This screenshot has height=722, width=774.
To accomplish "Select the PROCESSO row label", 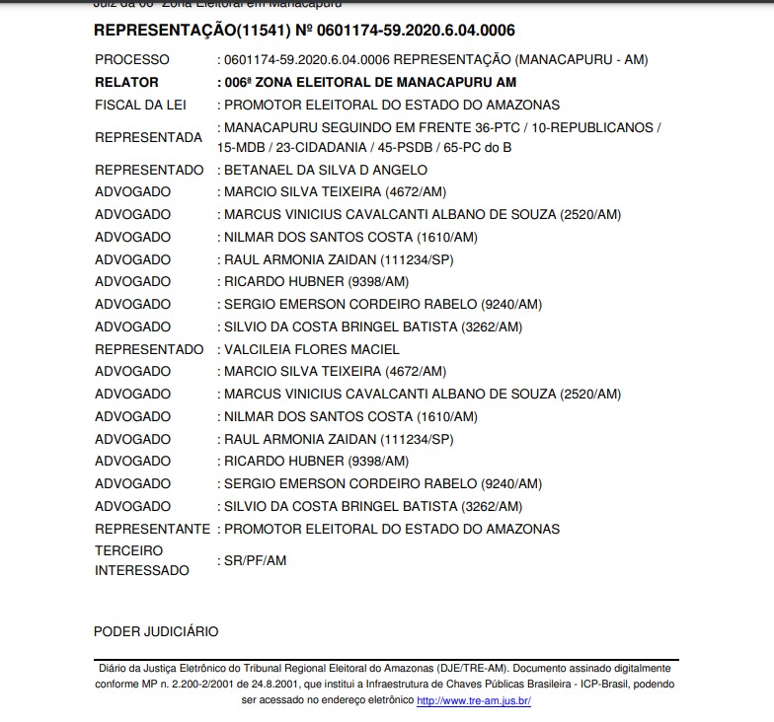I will (x=132, y=60).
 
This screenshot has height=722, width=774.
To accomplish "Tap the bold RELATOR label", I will (x=126, y=83).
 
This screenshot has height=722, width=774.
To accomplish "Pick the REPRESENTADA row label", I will (x=148, y=138).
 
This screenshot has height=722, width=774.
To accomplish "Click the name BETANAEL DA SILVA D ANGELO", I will (x=326, y=170).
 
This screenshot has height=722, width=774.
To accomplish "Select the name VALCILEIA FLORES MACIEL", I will (x=311, y=349).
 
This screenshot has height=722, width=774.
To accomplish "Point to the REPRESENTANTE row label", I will (x=152, y=529).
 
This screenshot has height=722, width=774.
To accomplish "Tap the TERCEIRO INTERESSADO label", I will (x=140, y=560).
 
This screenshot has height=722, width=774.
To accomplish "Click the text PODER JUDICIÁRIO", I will (x=156, y=631).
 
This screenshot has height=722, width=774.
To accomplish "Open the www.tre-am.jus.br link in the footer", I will (x=474, y=700).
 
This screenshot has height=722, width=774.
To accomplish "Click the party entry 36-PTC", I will (x=505, y=128).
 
